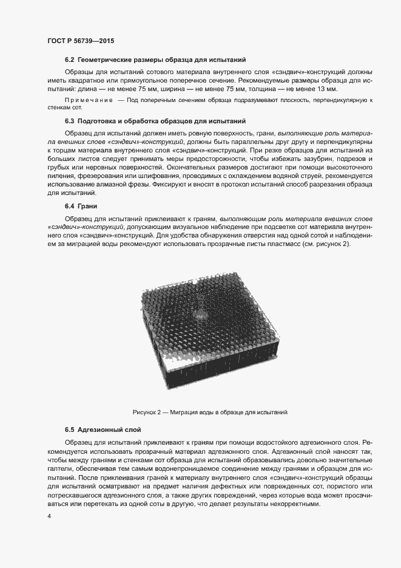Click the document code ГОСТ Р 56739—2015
81,41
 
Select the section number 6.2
69,60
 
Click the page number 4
49,516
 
